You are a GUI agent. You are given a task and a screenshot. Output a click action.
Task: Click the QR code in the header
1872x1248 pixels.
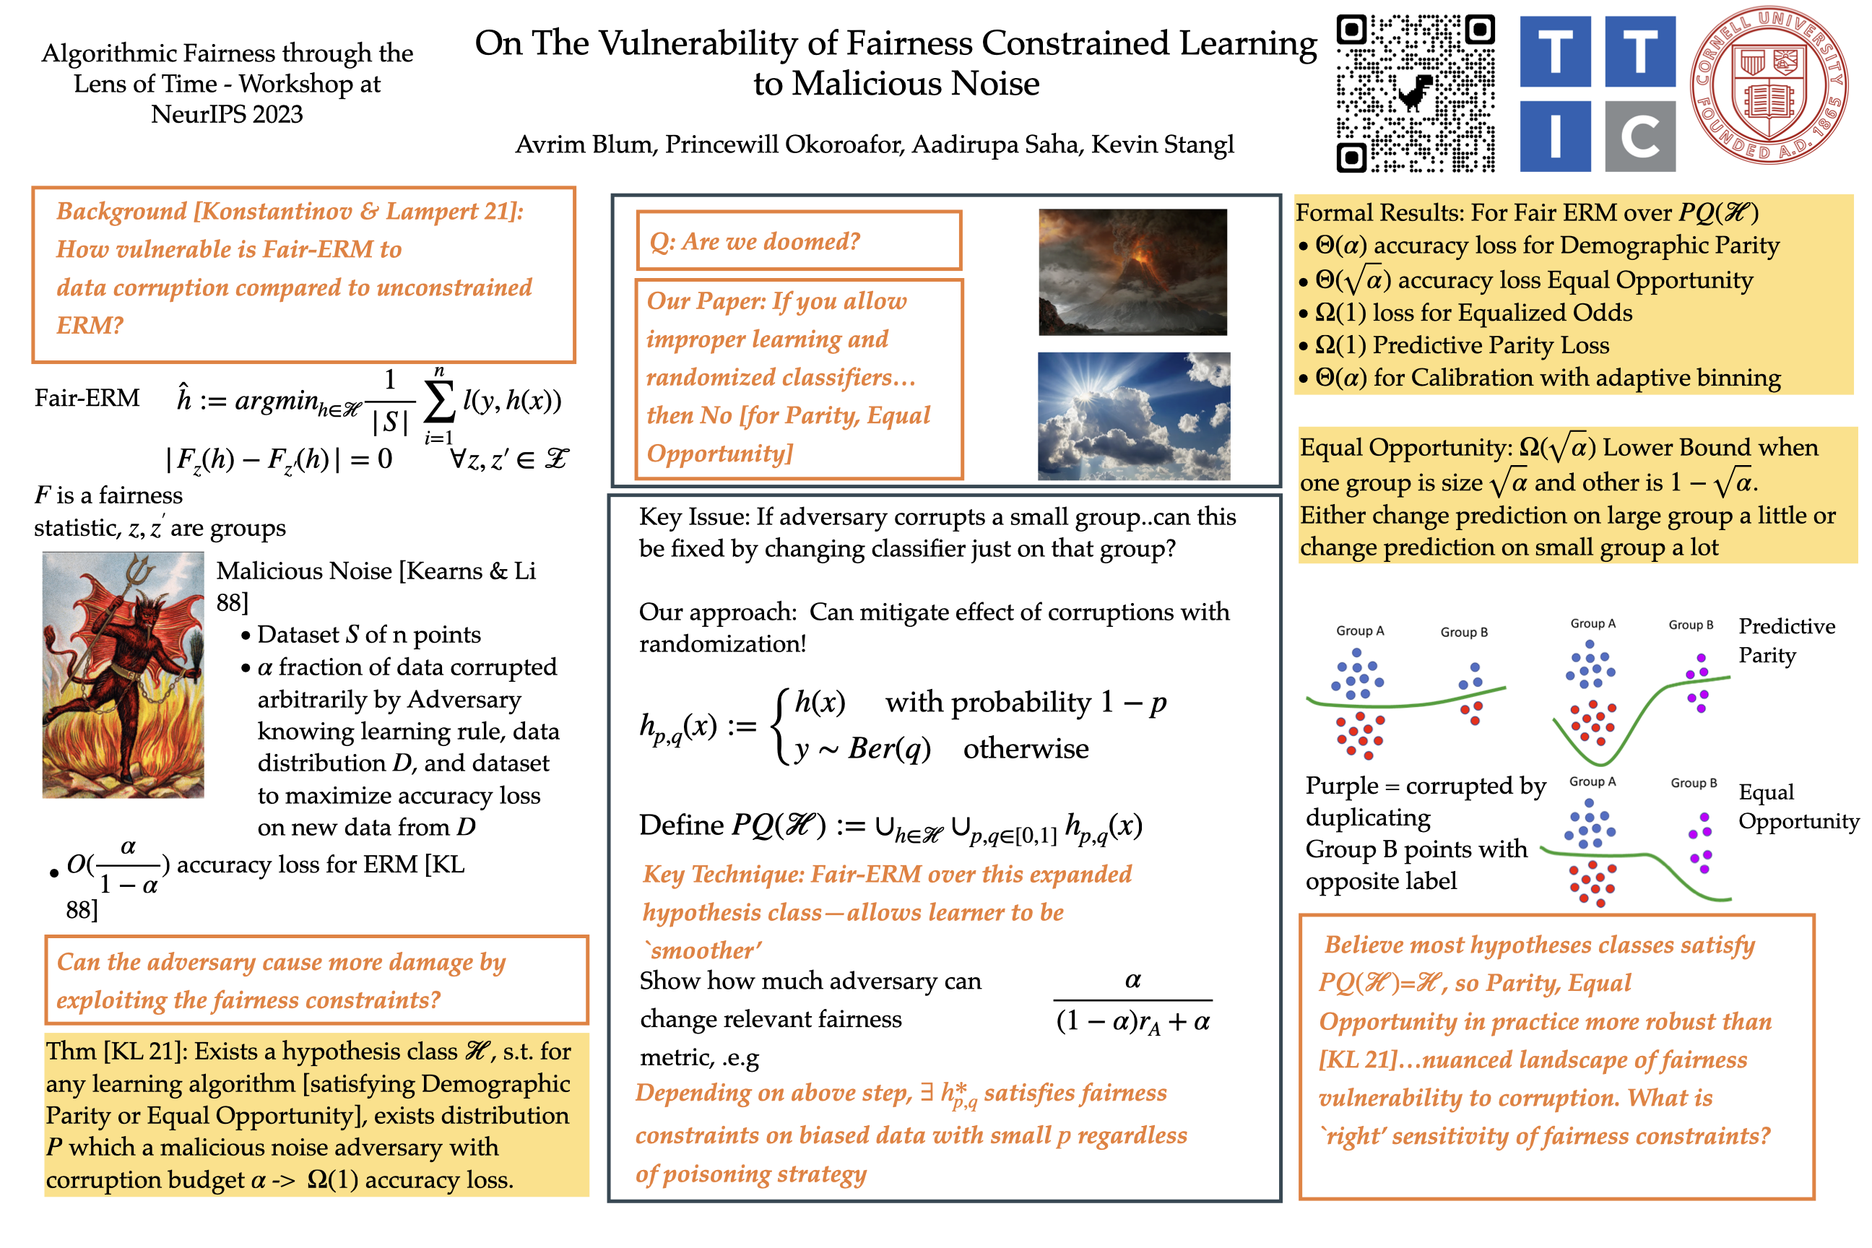[x=1414, y=93]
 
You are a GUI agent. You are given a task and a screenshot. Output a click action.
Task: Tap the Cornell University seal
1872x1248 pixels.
[x=1769, y=85]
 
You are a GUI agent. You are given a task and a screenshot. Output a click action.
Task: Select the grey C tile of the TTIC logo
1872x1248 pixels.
[x=1639, y=136]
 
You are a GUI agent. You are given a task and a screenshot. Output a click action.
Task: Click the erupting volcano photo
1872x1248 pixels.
[x=1132, y=272]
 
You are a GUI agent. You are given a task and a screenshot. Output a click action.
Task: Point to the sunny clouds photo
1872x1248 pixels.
[x=1133, y=415]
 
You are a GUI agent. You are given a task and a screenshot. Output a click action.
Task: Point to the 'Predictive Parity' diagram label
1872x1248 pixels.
[x=1786, y=640]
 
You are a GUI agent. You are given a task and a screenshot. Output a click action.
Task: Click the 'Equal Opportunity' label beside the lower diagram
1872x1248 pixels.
[x=1797, y=805]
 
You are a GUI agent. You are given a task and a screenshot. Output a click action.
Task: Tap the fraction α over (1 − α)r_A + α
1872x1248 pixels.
[x=1132, y=1001]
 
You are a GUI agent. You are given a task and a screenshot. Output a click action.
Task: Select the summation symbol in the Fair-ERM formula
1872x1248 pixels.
[x=438, y=402]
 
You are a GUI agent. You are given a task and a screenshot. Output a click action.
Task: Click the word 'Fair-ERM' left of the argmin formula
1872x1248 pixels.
[x=87, y=397]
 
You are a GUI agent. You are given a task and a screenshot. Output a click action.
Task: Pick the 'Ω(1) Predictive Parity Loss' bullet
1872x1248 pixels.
[x=1460, y=344]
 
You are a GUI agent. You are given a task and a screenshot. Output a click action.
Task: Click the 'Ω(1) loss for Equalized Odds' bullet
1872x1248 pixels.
[x=1473, y=312]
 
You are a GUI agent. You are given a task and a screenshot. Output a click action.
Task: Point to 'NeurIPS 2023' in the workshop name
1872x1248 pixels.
[x=227, y=114]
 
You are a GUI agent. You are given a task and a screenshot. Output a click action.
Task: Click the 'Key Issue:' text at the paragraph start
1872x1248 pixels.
[x=693, y=516]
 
